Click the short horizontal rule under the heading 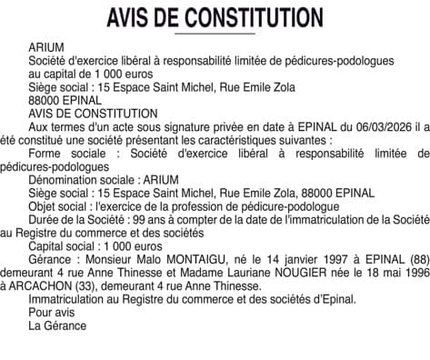click(215, 35)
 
